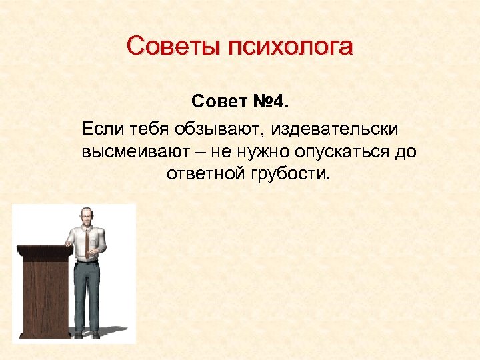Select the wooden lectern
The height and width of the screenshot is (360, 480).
[x=44, y=293]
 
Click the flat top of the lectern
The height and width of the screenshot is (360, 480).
[x=44, y=249]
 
